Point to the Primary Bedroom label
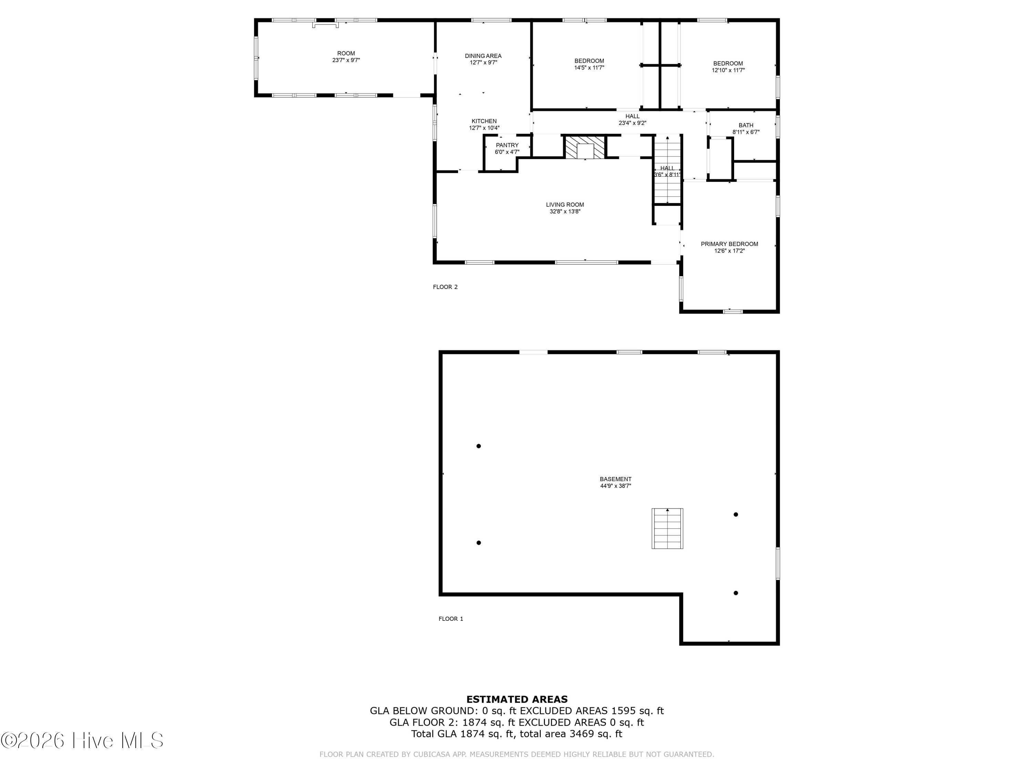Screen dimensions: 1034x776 [x=729, y=244]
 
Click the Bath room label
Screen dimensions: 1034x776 [x=746, y=125]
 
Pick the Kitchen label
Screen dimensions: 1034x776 [x=484, y=121]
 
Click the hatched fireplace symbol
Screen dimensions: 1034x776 [x=585, y=147]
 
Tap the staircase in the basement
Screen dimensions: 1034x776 [x=668, y=529]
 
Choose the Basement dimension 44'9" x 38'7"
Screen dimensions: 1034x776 [x=616, y=486]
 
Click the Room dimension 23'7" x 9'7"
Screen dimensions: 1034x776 [x=346, y=60]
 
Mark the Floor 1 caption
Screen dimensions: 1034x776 [x=450, y=619]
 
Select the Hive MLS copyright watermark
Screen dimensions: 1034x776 [x=82, y=740]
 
